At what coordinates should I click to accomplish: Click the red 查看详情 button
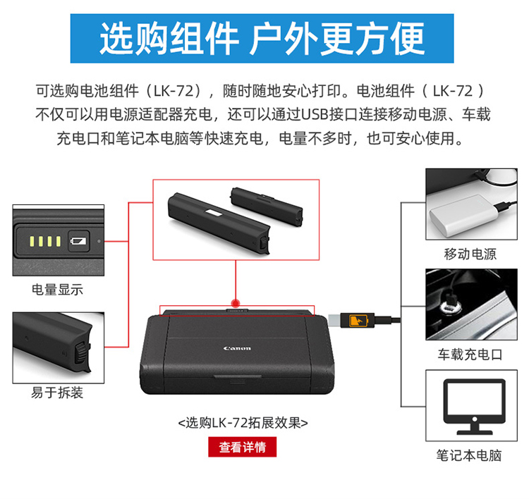click(242, 447)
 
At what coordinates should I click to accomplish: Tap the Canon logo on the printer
click(237, 348)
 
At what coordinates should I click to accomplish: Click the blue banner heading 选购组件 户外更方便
click(262, 37)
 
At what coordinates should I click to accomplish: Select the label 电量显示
click(57, 290)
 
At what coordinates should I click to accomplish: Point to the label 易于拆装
click(57, 393)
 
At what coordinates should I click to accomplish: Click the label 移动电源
click(470, 254)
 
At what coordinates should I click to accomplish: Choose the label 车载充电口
click(470, 355)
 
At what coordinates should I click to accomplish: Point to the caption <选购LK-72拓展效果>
click(243, 423)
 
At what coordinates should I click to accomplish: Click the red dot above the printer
click(237, 299)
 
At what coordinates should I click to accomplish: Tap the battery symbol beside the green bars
click(79, 242)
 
